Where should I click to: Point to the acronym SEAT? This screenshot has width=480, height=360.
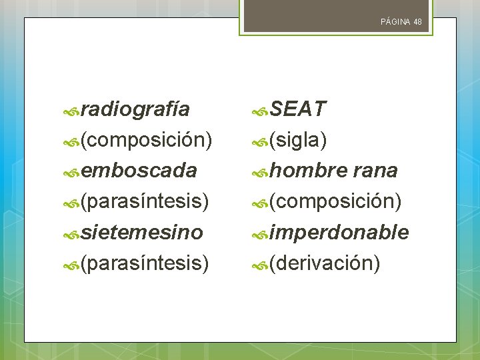tap(298, 109)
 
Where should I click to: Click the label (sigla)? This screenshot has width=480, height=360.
tap(297, 140)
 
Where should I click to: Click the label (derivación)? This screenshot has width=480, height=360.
tap(325, 264)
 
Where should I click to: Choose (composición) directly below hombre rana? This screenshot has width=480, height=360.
tap(335, 202)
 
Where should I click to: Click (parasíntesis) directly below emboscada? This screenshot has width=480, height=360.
tap(144, 202)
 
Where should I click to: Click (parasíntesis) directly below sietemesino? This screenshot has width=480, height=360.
tap(144, 264)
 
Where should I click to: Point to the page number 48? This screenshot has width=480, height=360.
tap(417, 22)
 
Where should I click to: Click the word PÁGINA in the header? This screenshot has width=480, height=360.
tap(395, 22)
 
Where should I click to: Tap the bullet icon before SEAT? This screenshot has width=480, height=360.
tap(261, 110)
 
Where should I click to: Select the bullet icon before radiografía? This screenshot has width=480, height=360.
tap(72, 110)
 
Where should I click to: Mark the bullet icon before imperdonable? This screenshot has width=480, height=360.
tap(261, 234)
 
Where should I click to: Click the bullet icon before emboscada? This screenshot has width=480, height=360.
tap(72, 172)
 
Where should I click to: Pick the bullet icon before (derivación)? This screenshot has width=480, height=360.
tap(261, 265)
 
